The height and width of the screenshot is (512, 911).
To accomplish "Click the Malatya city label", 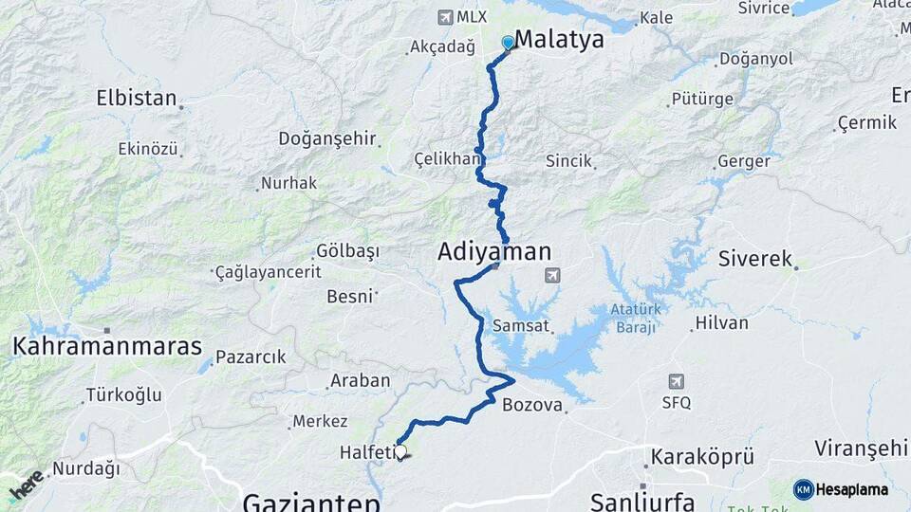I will pos(559,40).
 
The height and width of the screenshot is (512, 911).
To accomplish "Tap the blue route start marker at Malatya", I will pos(508,43).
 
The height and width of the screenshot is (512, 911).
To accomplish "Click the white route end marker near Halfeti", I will pos(400,452).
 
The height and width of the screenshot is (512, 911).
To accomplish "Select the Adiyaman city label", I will pos(493,252).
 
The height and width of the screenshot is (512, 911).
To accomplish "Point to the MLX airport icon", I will pos(445,17).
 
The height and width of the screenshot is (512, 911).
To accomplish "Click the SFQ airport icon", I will pos(676,381).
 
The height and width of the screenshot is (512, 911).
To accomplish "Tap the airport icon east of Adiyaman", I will pos(552,275).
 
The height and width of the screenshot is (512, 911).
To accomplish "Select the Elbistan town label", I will pos(137,98).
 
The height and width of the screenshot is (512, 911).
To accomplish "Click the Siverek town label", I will pos(754,258).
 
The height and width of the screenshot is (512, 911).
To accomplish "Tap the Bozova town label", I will pos(532,406).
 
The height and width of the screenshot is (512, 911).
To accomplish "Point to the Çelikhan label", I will pos(447,159).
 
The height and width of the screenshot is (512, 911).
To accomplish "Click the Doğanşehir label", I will pos(327,138).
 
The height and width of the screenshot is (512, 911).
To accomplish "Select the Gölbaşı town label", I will pos(346,251).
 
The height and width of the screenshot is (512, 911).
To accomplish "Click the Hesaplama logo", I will pos(841,489).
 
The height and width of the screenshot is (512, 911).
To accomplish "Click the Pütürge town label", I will pos(702,99).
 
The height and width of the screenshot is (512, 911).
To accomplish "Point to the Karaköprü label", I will pos(701,458).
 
